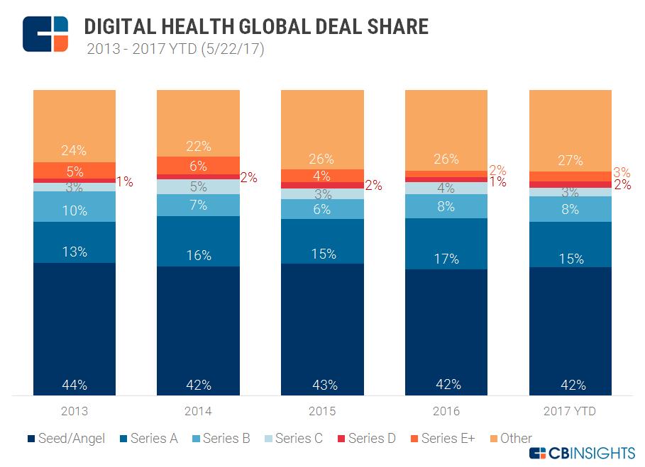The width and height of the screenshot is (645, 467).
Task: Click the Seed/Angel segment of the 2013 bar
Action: pyautogui.click(x=74, y=326)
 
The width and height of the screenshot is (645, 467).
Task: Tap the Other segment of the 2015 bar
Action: pyautogui.click(x=322, y=128)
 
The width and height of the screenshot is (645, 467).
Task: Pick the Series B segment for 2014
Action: pyautogui.click(x=198, y=205)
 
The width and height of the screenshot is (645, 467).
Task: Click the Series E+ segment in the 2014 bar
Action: pyautogui.click(x=198, y=165)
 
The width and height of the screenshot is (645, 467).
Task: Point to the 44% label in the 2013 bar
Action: pyautogui.click(x=74, y=385)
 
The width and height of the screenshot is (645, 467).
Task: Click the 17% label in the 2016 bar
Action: pyautogui.click(x=446, y=259)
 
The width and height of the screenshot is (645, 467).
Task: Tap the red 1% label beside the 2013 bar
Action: pyautogui.click(x=124, y=181)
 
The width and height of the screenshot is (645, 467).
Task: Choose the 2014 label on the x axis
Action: pyautogui.click(x=198, y=411)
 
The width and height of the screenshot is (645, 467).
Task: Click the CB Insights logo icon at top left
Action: pyautogui.click(x=45, y=33)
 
